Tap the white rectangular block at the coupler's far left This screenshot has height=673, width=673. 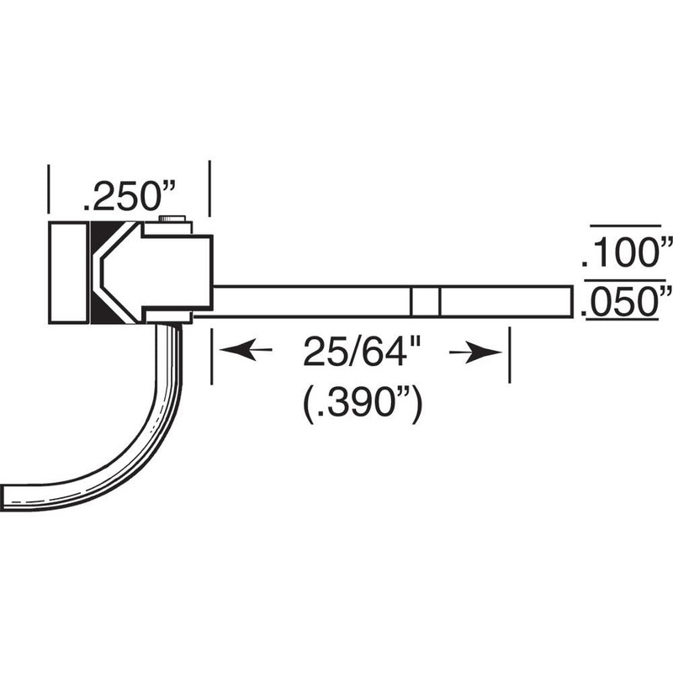[68, 272]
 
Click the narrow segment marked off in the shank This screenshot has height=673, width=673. [426, 301]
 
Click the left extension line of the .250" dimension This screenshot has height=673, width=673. [49, 189]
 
